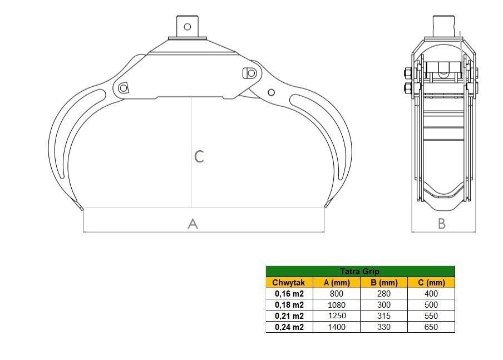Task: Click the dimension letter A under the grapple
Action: pyautogui.click(x=193, y=224)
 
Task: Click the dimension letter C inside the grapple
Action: pyautogui.click(x=199, y=156)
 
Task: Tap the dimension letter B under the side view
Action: pyautogui.click(x=442, y=224)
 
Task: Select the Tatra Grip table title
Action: pyautogui.click(x=359, y=272)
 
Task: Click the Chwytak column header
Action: pyautogui.click(x=289, y=283)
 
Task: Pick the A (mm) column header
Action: pyautogui.click(x=336, y=283)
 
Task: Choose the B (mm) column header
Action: pyautogui.click(x=383, y=283)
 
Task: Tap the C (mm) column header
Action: pyautogui.click(x=431, y=283)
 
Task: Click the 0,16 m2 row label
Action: pyautogui.click(x=289, y=294)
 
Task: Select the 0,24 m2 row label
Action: pyautogui.click(x=289, y=327)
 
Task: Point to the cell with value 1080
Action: pyautogui.click(x=336, y=305)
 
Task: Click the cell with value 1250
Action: pyautogui.click(x=336, y=316)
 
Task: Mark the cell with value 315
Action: pyautogui.click(x=383, y=316)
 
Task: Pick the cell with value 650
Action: pyautogui.click(x=431, y=327)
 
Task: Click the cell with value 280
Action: pyautogui.click(x=383, y=294)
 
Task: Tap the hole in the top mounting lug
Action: pyautogui.click(x=188, y=26)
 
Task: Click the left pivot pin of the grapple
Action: pyautogui.click(x=123, y=87)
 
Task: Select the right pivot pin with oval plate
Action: pyautogui.click(x=249, y=73)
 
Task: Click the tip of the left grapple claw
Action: pyautogui.click(x=82, y=209)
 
